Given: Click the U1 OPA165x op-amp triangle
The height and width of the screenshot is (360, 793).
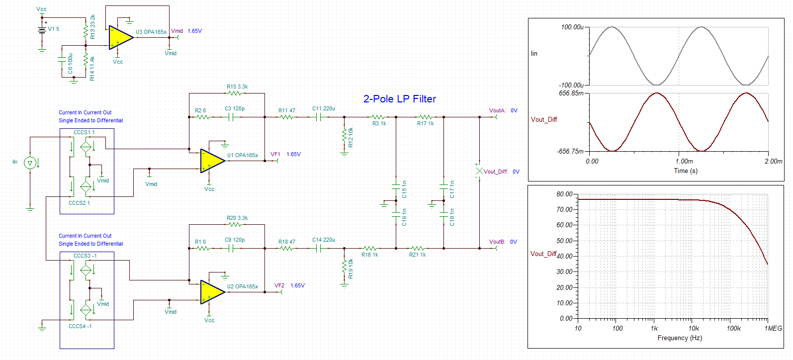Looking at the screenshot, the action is point(212,161).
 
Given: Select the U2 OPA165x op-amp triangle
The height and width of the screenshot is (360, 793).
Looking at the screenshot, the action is point(212,292).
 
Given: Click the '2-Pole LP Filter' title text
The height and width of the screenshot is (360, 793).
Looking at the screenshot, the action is point(400,99).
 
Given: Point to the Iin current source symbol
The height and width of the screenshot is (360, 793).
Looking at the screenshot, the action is point(30,163).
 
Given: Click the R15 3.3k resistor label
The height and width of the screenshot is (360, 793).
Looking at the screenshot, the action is point(237,87).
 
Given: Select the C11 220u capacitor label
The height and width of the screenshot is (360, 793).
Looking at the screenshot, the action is point(324,109).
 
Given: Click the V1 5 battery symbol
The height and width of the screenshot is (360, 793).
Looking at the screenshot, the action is point(42,30).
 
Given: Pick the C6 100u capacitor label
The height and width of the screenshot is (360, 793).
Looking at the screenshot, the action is point(70,64).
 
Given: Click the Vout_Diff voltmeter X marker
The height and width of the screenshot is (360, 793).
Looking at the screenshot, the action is point(479,171).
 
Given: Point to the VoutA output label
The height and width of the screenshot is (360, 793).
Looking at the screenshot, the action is point(498,111).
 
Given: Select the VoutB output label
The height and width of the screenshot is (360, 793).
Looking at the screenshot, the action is point(497,242).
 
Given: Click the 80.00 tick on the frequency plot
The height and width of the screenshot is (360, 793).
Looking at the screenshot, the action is point(564,194).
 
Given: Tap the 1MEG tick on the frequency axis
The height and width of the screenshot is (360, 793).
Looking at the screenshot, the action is point(773,329).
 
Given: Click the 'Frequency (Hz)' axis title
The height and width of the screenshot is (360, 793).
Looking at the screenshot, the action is point(680,338).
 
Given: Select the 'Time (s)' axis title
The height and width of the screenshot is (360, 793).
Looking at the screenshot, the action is point(686,171).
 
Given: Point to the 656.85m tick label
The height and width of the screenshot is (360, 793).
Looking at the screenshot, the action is point(571,93).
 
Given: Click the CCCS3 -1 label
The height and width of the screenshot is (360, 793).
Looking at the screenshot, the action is point(85,256).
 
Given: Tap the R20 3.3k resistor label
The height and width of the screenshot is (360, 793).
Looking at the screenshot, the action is point(237,218).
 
